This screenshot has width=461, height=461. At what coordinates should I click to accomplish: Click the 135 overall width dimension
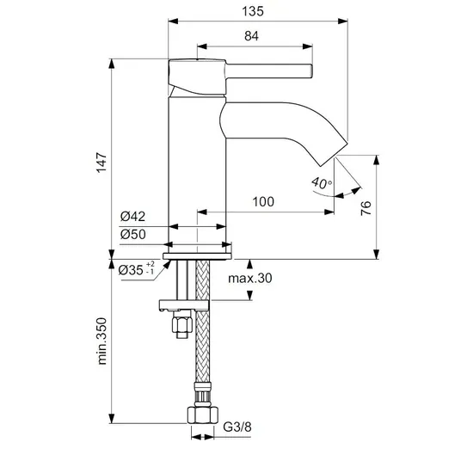pos(253,11)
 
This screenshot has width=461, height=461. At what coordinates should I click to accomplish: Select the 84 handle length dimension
pos(251,36)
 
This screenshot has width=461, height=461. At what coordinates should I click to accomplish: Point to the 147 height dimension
pos(101,163)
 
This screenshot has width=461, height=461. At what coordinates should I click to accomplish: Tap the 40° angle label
pos(322,183)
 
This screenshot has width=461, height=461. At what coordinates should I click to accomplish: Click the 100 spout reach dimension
pos(263,201)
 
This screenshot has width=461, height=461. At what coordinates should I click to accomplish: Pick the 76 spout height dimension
pos(366,208)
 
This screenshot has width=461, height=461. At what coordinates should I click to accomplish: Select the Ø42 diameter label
pos(133,217)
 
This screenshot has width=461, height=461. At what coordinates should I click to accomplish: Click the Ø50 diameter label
pos(133,234)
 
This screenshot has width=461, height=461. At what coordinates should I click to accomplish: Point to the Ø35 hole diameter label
pos(136,269)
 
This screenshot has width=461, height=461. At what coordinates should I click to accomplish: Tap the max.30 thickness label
pos(250,278)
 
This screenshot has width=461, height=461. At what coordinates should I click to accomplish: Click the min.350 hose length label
pos(101,341)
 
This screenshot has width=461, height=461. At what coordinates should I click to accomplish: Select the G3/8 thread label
pos(237,427)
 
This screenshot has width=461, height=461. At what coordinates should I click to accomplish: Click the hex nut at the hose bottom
pos(203,415)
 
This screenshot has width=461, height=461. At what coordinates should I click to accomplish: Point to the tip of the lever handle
pos(311,71)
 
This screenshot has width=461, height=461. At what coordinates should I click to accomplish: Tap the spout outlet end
pos(334,155)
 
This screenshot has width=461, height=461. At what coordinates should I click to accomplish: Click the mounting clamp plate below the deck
pos(184,304)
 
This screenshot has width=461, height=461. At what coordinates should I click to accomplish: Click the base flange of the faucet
pos(197,256)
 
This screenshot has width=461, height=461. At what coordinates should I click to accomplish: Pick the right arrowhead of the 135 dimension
pos(343,22)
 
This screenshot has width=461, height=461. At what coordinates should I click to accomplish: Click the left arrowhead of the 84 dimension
pos(202,46)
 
